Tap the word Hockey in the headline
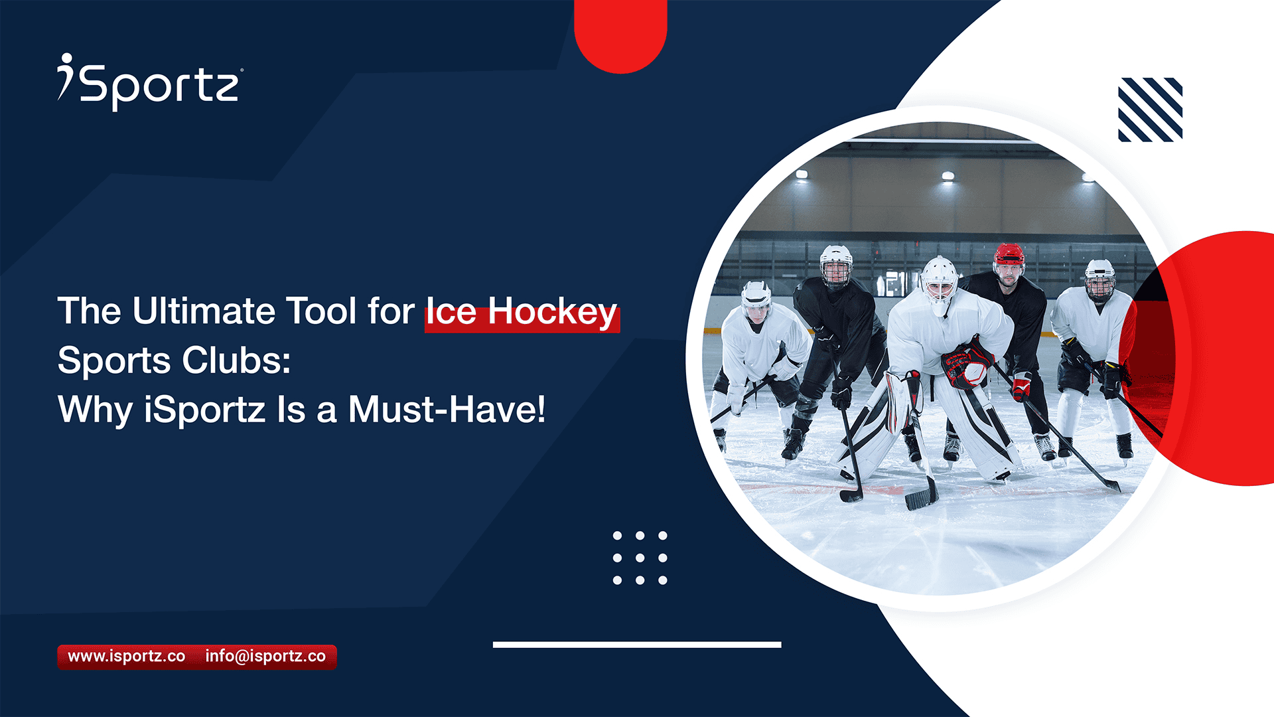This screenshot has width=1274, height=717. point(552,311)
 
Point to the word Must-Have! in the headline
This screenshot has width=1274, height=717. point(447,410)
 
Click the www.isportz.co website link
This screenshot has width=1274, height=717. point(127,657)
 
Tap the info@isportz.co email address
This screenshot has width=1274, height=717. point(265,657)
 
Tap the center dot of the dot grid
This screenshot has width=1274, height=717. point(640,558)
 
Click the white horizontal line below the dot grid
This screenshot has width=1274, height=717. point(637,645)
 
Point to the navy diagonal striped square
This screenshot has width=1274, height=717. point(1150,110)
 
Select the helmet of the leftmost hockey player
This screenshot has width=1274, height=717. point(756,296)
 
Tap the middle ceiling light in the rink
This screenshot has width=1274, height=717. point(948,176)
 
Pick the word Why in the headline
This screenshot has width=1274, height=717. point(95,410)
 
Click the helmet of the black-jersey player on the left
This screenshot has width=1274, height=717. point(835,261)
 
